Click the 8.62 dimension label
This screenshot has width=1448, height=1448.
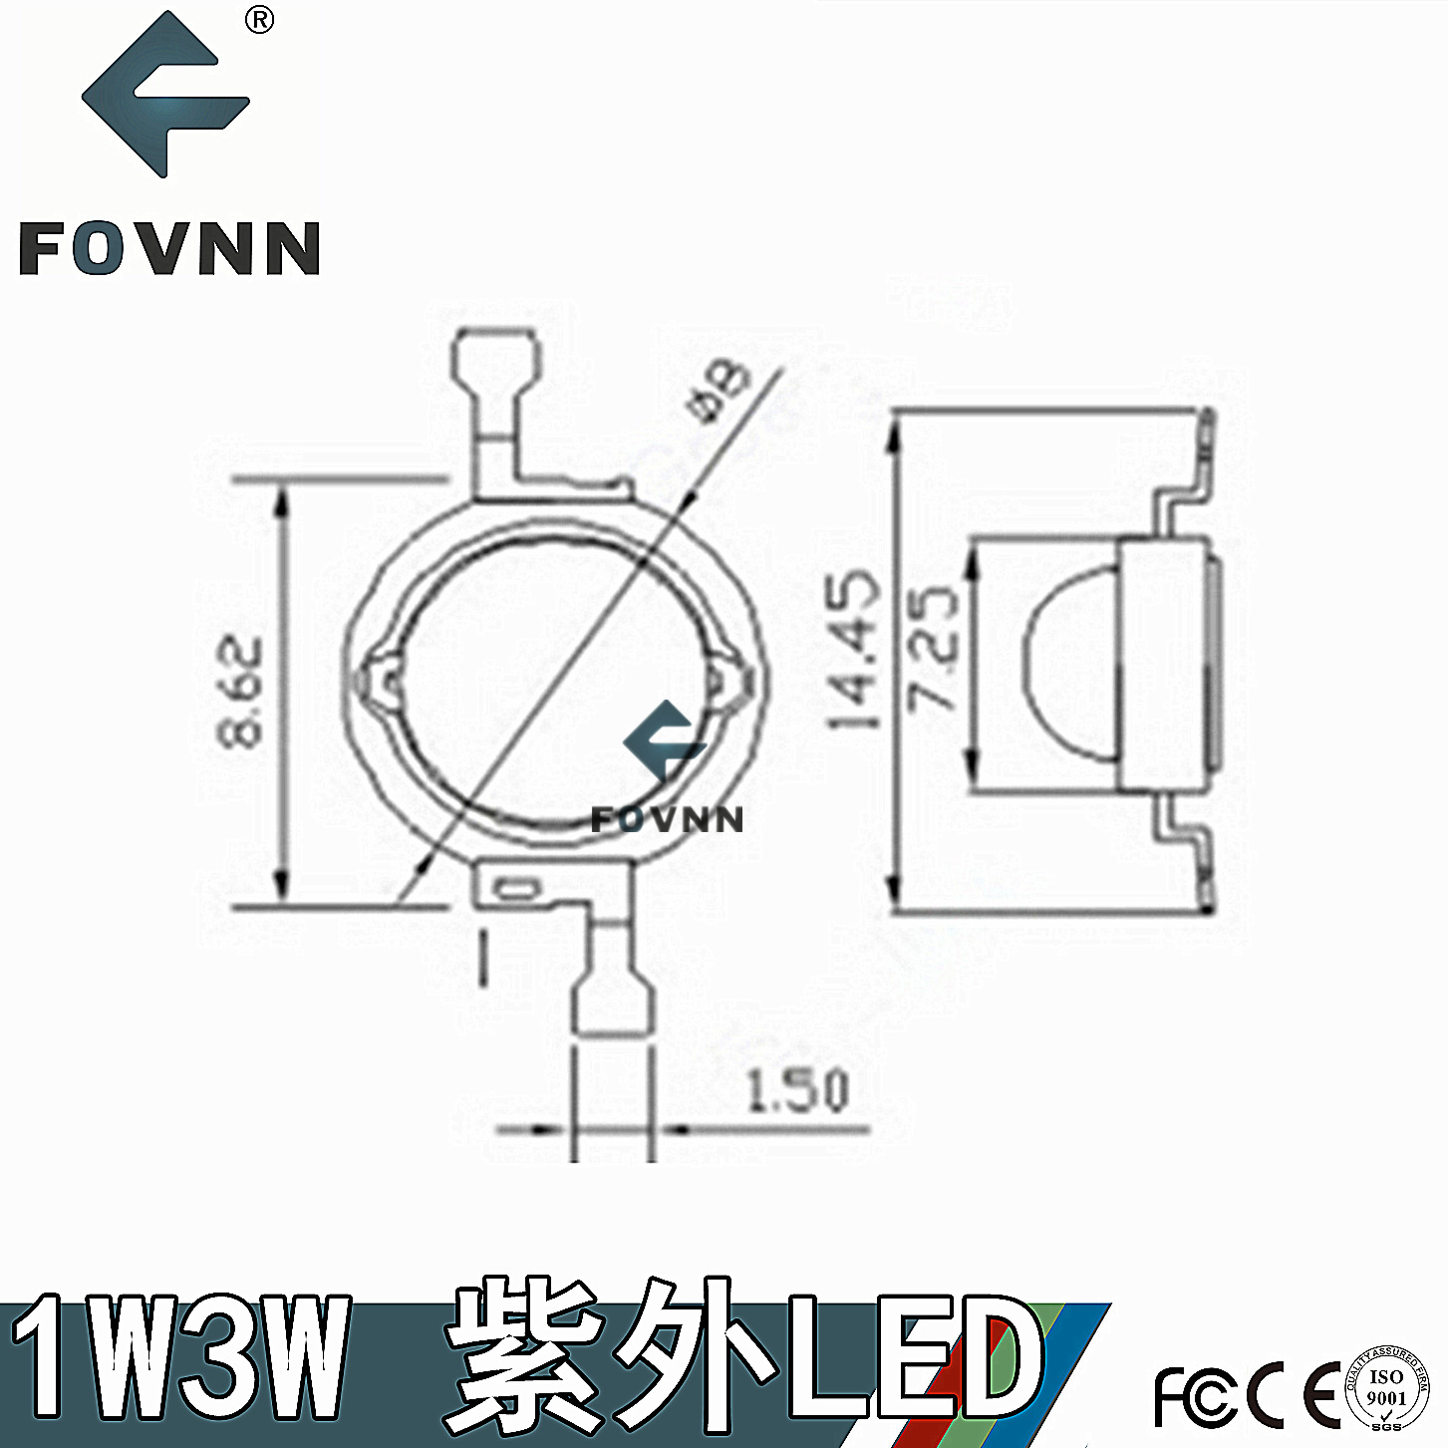click(x=241, y=691)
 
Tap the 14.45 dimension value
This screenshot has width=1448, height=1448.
click(x=855, y=649)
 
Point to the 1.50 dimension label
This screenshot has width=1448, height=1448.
click(x=798, y=1090)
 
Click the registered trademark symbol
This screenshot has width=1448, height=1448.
click(x=259, y=20)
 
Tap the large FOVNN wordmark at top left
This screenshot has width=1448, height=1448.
click(x=169, y=248)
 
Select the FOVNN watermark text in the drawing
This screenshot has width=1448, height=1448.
click(x=667, y=820)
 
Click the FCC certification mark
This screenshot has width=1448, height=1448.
click(x=1197, y=1395)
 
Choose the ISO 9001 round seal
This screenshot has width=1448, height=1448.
click(x=1386, y=1388)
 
